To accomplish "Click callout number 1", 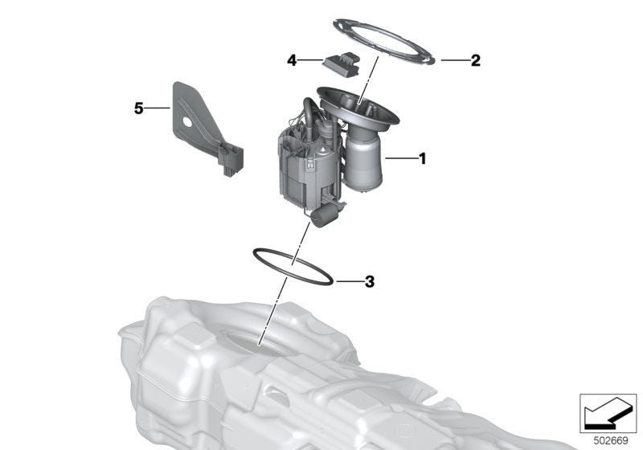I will pos(422,159).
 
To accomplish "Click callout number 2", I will pos(475,60).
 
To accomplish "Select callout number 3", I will pos(369,282).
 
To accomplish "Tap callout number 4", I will pos(293,59).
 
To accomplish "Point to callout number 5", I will pos(139,108).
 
